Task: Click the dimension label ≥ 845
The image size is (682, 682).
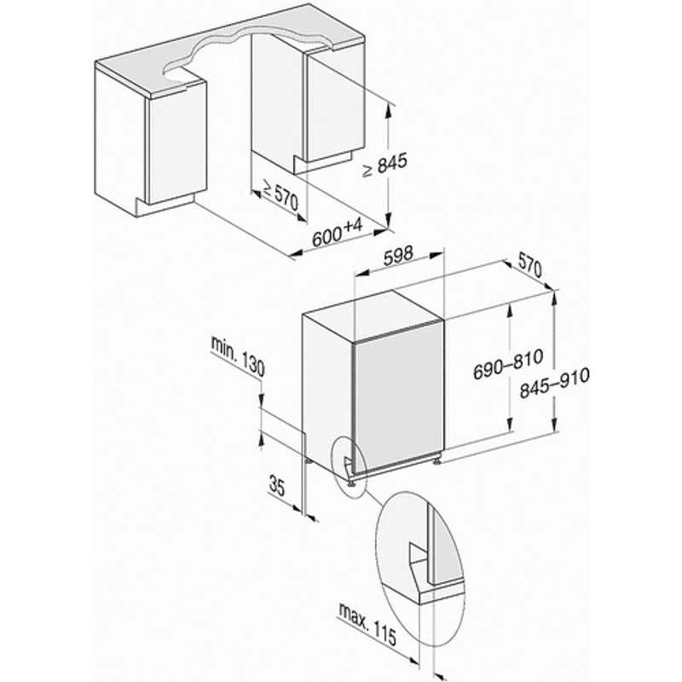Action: [384, 165]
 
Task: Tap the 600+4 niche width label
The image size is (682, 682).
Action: [337, 233]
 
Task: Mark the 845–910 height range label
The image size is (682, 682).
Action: [555, 383]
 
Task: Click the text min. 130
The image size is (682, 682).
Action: [238, 355]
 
